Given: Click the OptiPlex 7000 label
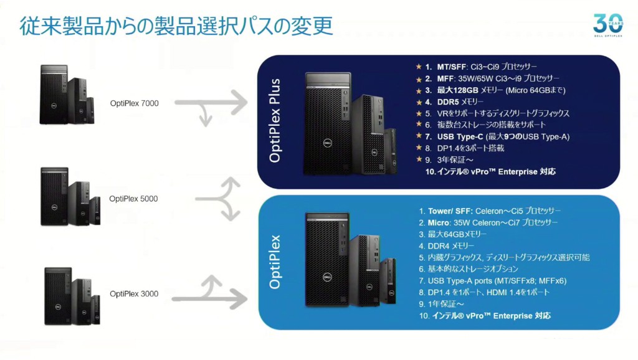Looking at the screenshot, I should [134, 103].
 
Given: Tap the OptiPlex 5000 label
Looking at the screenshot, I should [133, 199].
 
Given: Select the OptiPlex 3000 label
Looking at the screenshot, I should [134, 293].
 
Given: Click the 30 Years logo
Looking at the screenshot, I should [607, 24].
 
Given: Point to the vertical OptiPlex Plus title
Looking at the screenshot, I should [275, 121].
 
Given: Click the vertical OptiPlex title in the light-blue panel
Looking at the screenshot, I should [275, 262].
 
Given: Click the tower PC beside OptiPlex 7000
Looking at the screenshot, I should [53, 93].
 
